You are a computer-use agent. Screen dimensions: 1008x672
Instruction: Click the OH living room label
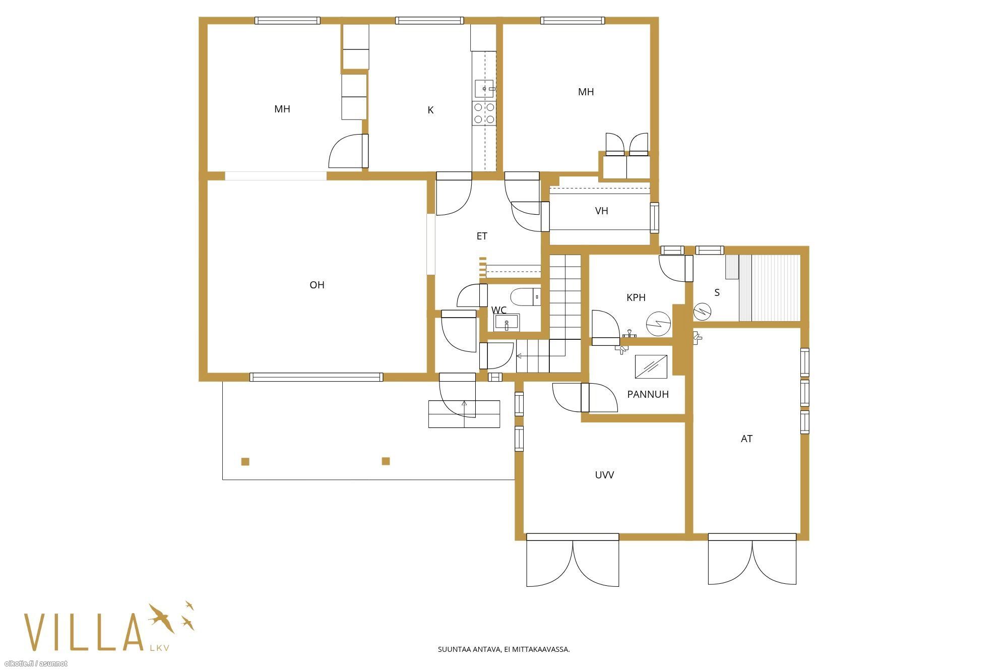(317, 285)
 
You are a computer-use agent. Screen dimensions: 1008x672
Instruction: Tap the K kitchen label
(430, 110)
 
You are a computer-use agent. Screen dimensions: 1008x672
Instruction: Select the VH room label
(601, 211)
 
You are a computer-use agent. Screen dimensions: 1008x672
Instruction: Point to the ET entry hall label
(482, 236)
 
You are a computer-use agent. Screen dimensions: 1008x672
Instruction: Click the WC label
(499, 310)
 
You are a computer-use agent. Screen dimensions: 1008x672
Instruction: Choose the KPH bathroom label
(636, 297)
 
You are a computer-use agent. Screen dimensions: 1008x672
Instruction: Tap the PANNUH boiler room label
(648, 394)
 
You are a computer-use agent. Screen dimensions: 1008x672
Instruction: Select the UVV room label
(604, 475)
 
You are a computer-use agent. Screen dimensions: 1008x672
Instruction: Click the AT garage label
(746, 439)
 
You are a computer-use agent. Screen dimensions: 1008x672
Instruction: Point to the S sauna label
(717, 292)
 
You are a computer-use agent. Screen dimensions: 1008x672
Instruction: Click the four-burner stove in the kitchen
(484, 113)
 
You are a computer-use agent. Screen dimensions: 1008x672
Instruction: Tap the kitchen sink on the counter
(485, 89)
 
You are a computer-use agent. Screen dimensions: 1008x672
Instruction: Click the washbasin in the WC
(507, 322)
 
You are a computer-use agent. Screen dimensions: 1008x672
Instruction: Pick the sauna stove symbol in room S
(702, 311)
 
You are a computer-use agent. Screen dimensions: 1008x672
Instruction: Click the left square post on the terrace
(245, 461)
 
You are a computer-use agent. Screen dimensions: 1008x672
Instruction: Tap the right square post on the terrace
(386, 461)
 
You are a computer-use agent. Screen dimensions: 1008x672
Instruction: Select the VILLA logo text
(84, 632)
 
